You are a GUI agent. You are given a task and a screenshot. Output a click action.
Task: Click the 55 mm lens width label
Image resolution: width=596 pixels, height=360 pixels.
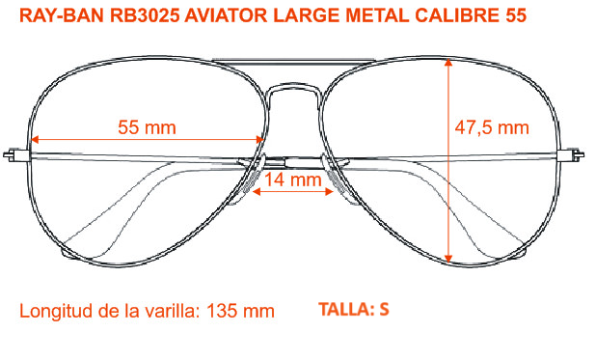click(147, 127)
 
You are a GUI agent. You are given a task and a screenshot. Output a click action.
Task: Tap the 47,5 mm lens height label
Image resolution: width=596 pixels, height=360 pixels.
click(492, 127)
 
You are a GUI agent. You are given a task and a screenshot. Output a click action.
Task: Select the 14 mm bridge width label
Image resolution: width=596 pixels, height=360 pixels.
click(292, 180)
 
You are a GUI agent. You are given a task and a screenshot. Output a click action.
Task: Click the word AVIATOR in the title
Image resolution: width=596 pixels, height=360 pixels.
click(227, 15)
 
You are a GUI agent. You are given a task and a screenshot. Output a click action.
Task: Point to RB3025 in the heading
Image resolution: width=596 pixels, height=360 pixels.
click(145, 15)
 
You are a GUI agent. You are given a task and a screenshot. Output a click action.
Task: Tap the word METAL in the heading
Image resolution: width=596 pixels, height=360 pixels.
click(377, 15)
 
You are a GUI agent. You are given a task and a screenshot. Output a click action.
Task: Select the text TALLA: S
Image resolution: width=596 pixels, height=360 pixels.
click(354, 309)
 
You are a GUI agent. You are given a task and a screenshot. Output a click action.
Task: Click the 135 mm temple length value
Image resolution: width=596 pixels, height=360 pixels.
click(240, 311)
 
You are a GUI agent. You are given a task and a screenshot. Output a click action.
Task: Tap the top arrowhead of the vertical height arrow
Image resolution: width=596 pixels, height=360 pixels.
click(448, 62)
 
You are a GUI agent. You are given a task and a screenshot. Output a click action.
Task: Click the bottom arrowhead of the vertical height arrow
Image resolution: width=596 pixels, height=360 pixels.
click(448, 260)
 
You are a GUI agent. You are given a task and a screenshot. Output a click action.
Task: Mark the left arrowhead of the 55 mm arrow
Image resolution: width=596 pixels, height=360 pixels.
click(35, 140)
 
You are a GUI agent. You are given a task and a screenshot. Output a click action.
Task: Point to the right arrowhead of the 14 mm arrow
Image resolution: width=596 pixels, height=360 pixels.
click(329, 191)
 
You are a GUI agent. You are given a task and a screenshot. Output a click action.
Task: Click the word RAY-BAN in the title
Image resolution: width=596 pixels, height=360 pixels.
click(62, 15)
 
